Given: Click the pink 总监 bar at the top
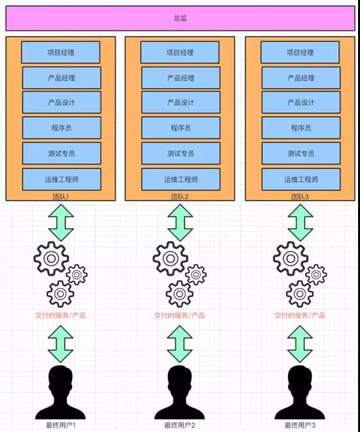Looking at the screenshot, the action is coord(181,18).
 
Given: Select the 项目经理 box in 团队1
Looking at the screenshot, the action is coord(60,52).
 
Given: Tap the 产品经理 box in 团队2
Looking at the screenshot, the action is coord(181,78).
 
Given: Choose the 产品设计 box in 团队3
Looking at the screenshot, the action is coord(301,102).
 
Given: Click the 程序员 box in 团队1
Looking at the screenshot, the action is coord(62,127).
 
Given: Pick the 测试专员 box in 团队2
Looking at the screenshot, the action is coord(181,153).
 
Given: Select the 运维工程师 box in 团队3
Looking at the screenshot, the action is coord(301,179).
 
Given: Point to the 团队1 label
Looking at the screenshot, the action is coord(60,197).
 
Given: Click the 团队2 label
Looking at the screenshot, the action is coord(179,197).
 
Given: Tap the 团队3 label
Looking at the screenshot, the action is coord(300,197).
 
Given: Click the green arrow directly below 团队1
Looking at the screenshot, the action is coord(61,222).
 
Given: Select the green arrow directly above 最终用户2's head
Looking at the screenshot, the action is coord(179,344).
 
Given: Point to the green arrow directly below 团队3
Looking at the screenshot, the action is coord(300,222).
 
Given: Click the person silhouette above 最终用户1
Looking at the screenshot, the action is coord(60,393).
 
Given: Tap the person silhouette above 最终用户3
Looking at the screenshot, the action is coord(300,393).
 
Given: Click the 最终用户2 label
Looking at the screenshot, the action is coord(179,425).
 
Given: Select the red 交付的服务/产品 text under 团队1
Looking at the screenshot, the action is coord(60,315).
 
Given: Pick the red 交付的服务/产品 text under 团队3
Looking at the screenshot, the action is coord(300,315).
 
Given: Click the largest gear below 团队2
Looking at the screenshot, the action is coord(170,258).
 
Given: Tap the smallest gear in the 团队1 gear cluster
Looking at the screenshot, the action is coord(77,274).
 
